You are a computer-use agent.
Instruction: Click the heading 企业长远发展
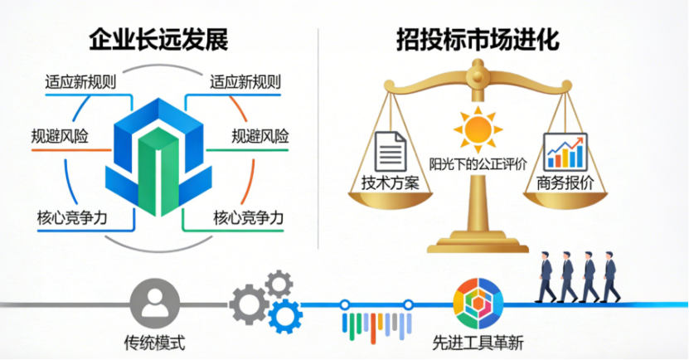tap(158, 40)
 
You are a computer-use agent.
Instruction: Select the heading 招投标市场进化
tap(478, 40)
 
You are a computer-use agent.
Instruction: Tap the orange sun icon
tap(478, 129)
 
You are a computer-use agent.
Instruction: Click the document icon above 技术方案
tap(391, 152)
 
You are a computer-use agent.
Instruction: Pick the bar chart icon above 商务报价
tap(565, 153)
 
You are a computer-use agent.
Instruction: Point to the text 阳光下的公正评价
tap(478, 165)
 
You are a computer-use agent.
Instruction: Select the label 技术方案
tap(391, 182)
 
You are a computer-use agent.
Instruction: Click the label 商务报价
tap(565, 182)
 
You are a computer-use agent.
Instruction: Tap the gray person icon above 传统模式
tap(155, 304)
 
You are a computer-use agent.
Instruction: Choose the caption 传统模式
tap(155, 343)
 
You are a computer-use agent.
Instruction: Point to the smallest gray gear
tap(279, 285)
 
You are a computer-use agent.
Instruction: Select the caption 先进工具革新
tap(478, 343)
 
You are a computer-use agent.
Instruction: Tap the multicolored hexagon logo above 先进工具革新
tap(478, 304)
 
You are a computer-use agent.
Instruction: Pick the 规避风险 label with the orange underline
tap(60, 137)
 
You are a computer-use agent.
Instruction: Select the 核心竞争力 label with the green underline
tap(249, 218)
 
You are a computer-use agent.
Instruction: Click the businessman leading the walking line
tap(610, 277)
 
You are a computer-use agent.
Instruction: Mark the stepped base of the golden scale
tap(478, 244)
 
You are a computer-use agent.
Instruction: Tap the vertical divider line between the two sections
tap(318, 139)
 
